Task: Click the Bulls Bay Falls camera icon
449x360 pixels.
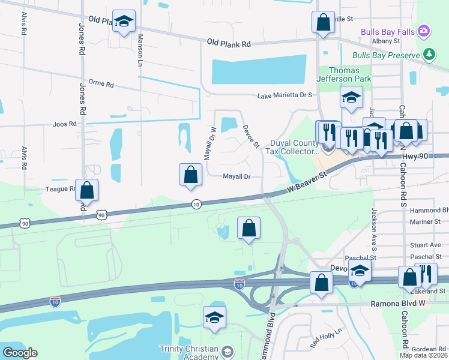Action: [x=424, y=31]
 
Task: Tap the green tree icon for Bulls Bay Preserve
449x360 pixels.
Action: [x=429, y=55]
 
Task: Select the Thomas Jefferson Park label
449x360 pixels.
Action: [x=345, y=74]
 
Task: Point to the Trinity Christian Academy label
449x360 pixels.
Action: [x=189, y=352]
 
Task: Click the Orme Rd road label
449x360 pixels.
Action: [x=101, y=85]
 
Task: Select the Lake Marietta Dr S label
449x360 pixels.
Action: [x=285, y=95]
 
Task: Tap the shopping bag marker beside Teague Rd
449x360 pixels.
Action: [x=87, y=190]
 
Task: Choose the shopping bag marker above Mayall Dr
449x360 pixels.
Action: [x=190, y=175]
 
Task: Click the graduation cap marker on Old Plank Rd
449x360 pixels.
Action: [x=124, y=22]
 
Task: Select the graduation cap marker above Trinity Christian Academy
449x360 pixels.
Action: [x=214, y=318]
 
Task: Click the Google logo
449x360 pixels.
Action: [x=20, y=353]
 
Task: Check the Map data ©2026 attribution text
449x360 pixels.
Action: [x=423, y=355]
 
